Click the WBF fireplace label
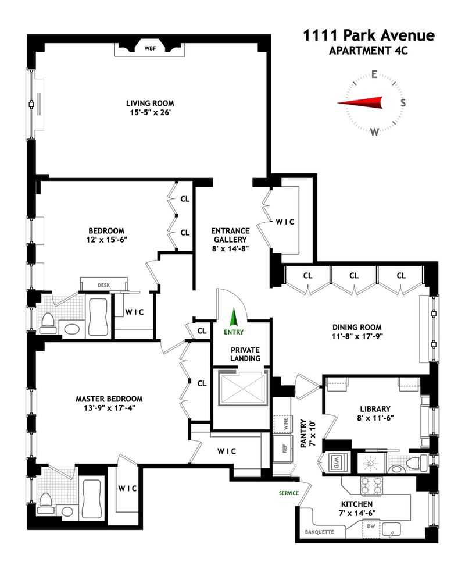[x=150, y=48]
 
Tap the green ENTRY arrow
[x=234, y=318]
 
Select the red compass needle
[x=360, y=102]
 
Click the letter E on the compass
[x=374, y=74]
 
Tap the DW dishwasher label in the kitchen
[x=371, y=526]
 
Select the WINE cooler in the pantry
[x=282, y=424]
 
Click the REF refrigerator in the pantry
[x=282, y=449]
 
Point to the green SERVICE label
[x=289, y=493]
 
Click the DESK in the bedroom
[x=103, y=284]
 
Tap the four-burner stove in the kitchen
[x=371, y=486]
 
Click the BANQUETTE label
[x=319, y=532]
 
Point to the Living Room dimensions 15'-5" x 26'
[x=150, y=112]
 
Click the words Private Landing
[x=245, y=354]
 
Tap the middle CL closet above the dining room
[x=354, y=275]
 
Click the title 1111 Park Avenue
[x=369, y=35]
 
